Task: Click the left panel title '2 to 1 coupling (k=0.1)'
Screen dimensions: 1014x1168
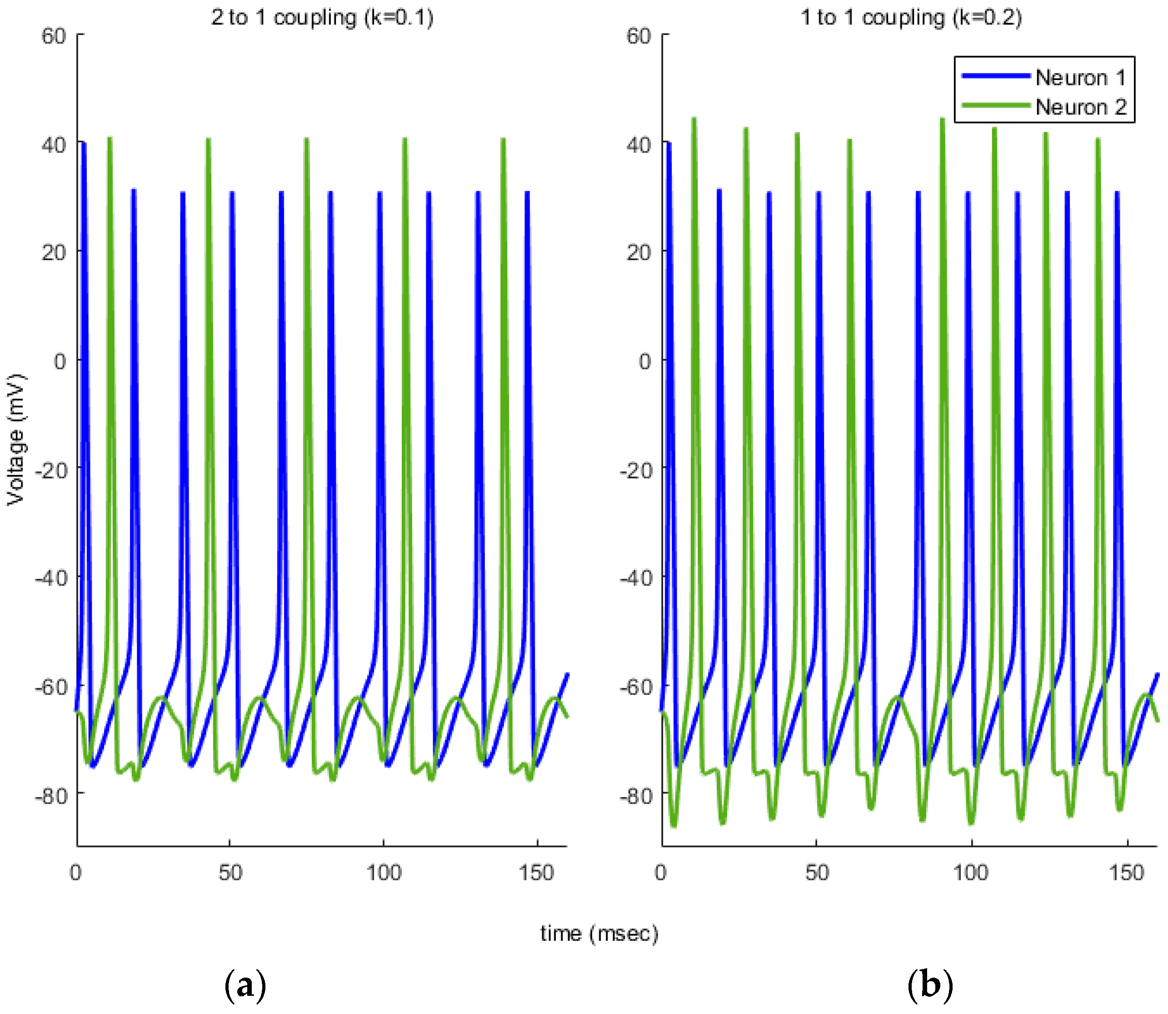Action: point(322,18)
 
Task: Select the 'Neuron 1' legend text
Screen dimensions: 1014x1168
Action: point(1080,77)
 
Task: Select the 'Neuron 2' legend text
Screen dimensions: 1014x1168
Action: point(1080,107)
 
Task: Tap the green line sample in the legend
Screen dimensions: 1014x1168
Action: point(995,105)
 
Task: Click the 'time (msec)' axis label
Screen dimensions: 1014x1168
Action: point(599,933)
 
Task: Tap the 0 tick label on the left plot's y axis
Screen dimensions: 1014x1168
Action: point(60,361)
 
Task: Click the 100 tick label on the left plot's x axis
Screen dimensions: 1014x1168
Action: point(384,873)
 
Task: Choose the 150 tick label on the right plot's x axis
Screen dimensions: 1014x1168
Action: point(1126,873)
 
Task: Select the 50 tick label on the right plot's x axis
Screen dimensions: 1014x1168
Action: point(817,873)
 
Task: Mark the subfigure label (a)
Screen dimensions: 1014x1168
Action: point(245,985)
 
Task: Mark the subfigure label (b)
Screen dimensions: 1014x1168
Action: point(930,985)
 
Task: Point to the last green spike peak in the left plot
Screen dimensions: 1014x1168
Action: point(503,139)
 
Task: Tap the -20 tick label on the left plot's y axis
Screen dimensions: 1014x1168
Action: point(51,470)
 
